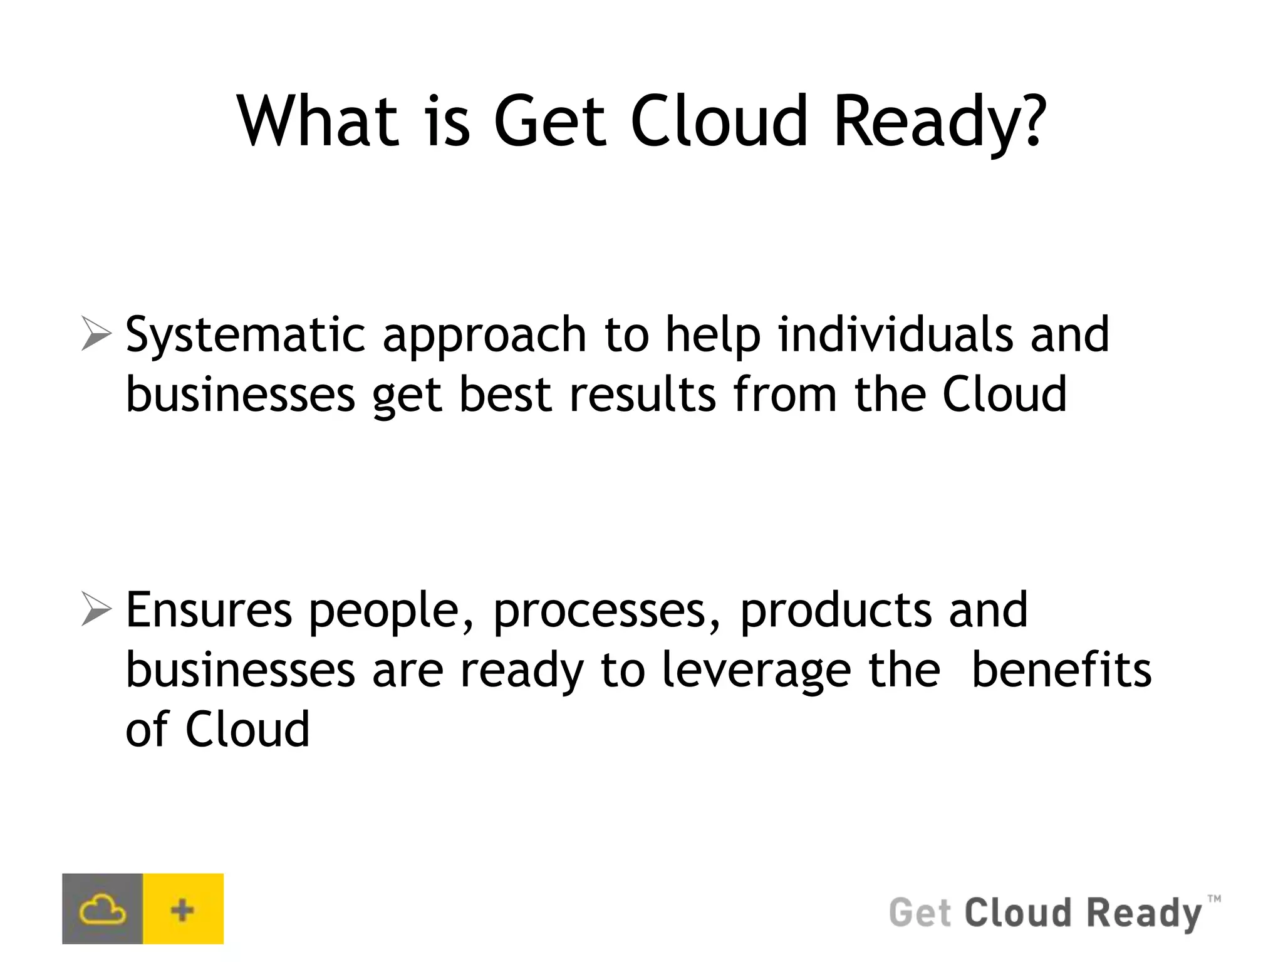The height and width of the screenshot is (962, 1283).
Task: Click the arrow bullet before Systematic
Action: pyautogui.click(x=96, y=334)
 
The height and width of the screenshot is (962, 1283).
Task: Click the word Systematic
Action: pyautogui.click(x=245, y=336)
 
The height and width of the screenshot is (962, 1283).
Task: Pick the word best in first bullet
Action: pyautogui.click(x=505, y=395)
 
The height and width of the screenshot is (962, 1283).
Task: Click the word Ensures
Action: pyautogui.click(x=209, y=610)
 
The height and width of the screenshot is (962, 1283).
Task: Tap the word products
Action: pyautogui.click(x=836, y=611)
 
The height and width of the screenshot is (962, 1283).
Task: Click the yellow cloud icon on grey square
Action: pyautogui.click(x=103, y=909)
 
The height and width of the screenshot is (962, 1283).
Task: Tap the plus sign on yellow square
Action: pyautogui.click(x=182, y=909)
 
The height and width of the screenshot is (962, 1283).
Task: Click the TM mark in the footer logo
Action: pyautogui.click(x=1213, y=899)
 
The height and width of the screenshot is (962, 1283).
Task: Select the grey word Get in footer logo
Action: pyautogui.click(x=920, y=913)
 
